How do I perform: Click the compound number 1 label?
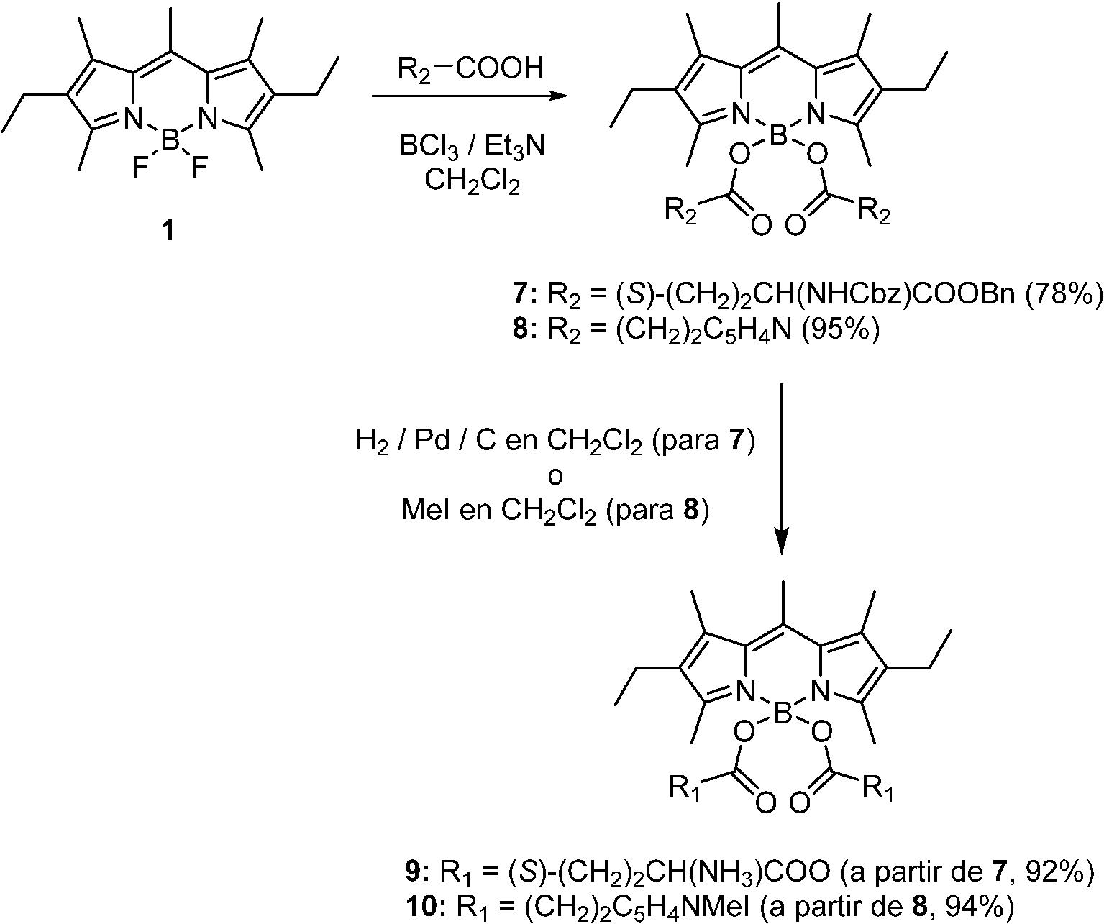coord(168,233)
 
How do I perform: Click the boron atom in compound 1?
coord(170,140)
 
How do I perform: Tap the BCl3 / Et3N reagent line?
coord(472,149)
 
